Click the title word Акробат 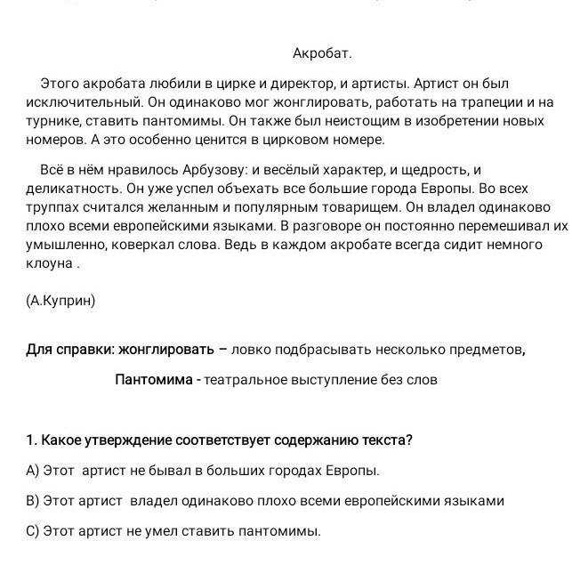point(321,54)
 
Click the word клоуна point(47,263)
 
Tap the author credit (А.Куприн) point(60,300)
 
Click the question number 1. point(32,440)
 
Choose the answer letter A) point(33,471)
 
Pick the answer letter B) point(33,501)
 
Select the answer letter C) point(33,531)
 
